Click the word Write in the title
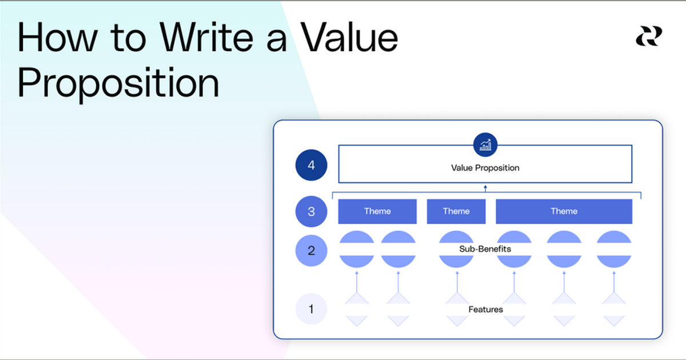[204, 38]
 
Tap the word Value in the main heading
[349, 38]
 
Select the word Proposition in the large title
[118, 83]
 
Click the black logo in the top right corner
[648, 37]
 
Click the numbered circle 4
[311, 166]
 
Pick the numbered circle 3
[311, 211]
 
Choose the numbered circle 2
[311, 250]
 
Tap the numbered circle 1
[311, 309]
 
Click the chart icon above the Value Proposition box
[485, 145]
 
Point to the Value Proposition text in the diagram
[485, 168]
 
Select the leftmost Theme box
[377, 211]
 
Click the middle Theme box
[456, 211]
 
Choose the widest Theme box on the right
[564, 211]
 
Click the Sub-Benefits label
[485, 249]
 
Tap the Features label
[485, 309]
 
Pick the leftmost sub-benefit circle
[357, 249]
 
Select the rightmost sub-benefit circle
[614, 249]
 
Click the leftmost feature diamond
[357, 309]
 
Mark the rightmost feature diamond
[614, 309]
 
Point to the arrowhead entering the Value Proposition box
[485, 187]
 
